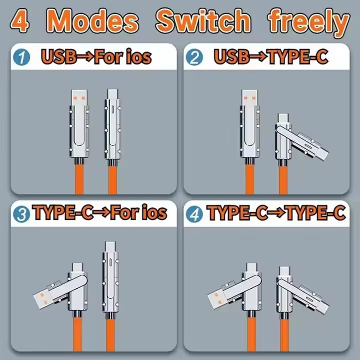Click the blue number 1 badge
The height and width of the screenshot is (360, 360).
21,57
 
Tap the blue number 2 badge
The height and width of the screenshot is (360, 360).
194,57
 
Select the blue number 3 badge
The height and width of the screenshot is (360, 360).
21,214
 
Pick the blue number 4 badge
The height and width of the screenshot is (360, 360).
194,214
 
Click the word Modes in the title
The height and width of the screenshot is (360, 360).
92,21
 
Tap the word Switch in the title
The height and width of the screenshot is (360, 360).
203,20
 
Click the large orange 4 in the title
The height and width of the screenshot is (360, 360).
20,21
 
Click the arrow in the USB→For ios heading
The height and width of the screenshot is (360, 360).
85,57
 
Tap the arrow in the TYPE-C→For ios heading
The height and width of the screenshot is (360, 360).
101,212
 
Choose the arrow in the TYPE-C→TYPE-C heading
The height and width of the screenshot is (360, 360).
276,212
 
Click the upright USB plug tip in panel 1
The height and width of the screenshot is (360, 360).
79,98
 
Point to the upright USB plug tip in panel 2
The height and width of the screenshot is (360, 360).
250,98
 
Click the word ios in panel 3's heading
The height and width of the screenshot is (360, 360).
154,212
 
